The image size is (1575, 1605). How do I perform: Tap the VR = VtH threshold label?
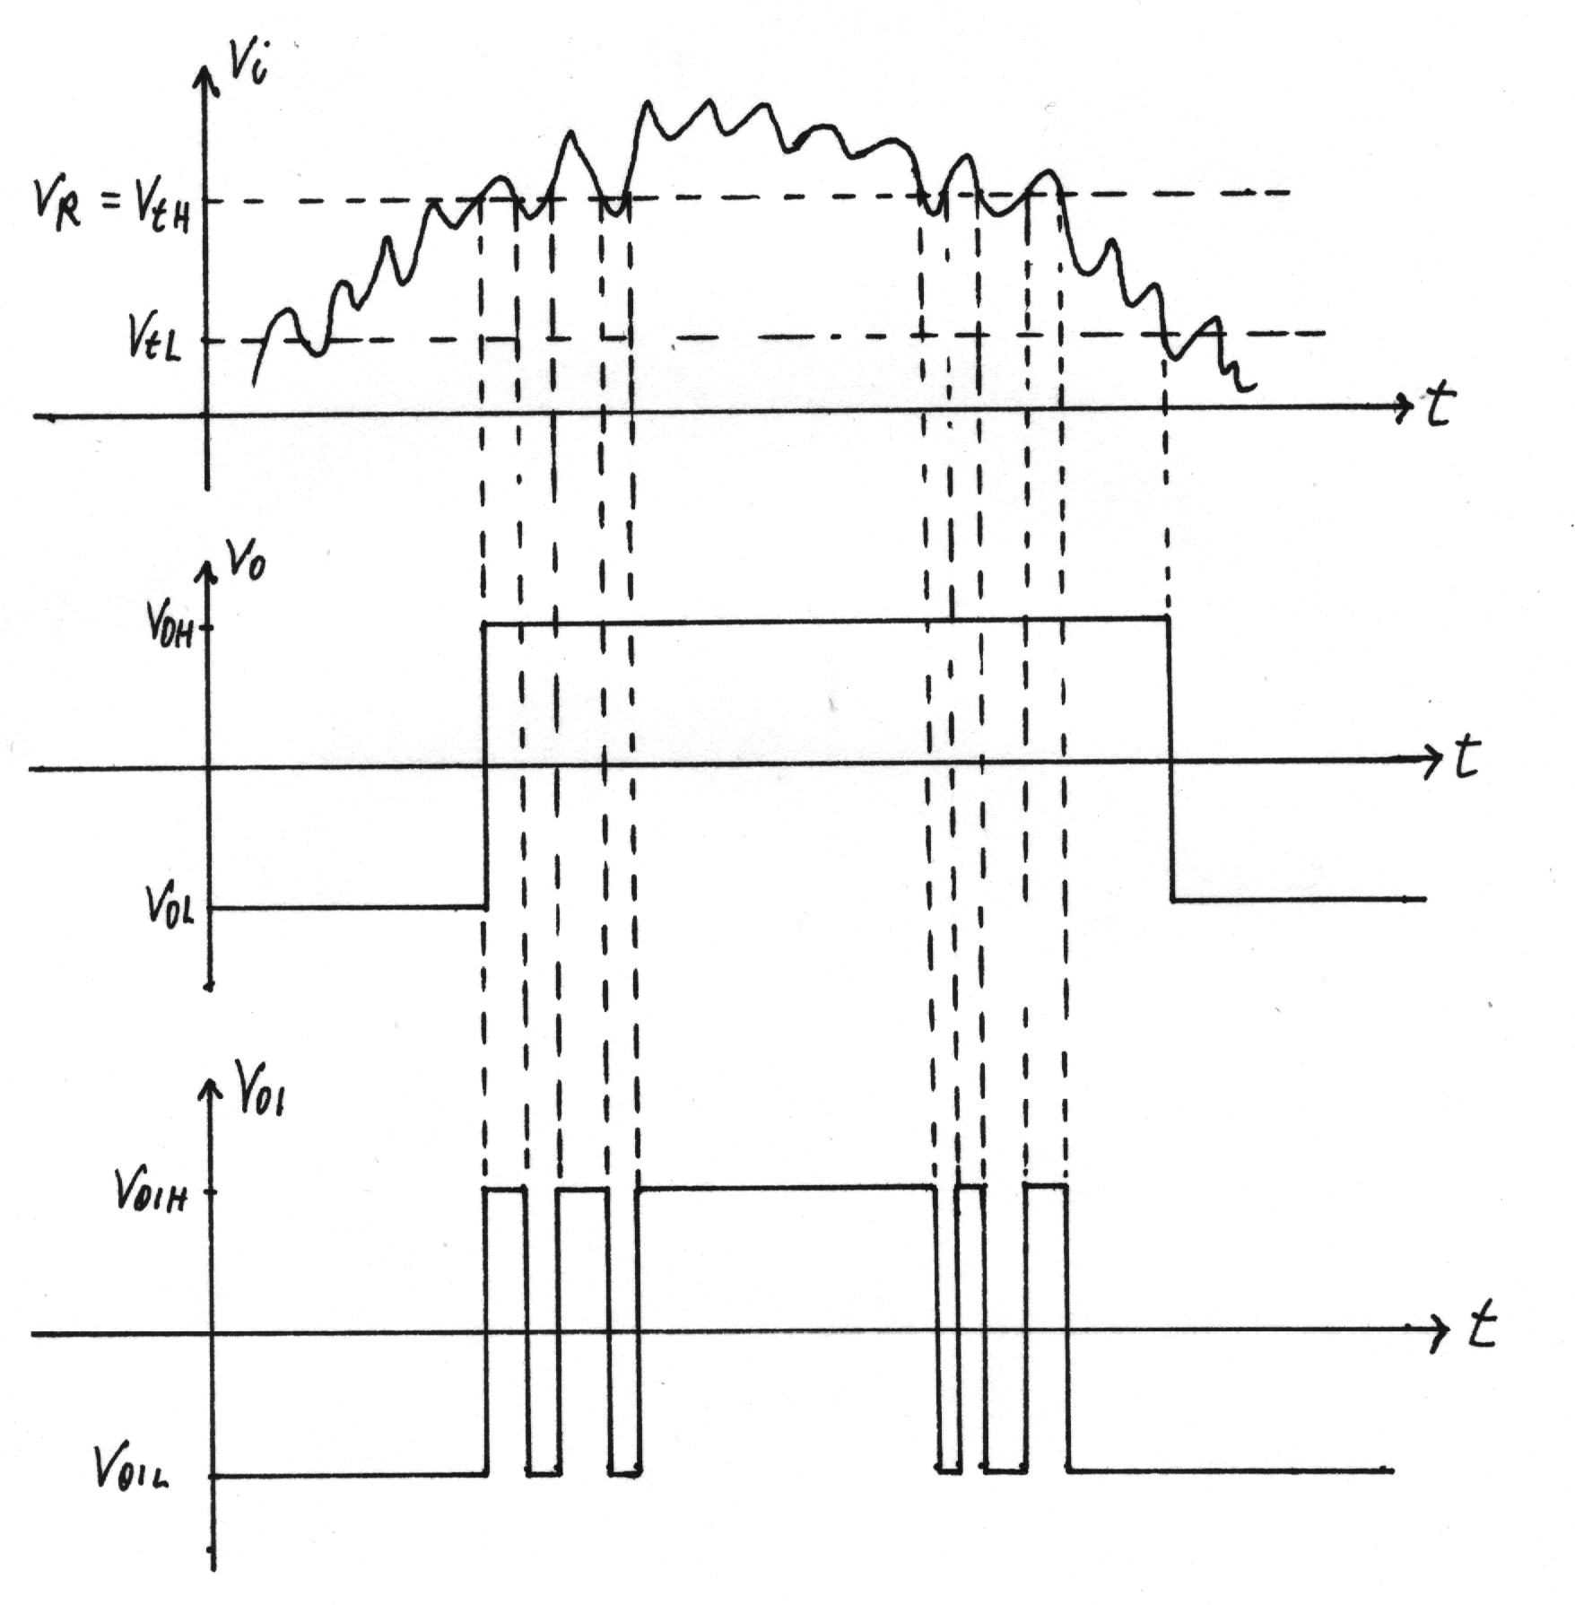tap(113, 204)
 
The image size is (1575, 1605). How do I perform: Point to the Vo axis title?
tap(245, 563)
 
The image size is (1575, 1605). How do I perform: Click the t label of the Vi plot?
tap(1438, 406)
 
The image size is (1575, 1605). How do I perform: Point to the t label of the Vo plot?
tap(1464, 758)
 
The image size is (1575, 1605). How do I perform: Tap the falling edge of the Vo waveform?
tap(1170, 758)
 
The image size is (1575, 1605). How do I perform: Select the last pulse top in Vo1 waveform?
tap(1046, 1186)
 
